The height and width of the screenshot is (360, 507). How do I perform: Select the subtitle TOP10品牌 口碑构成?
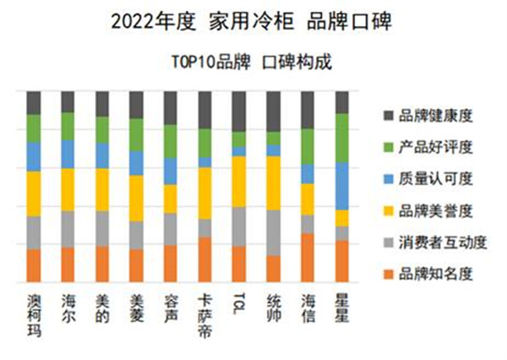(x=253, y=62)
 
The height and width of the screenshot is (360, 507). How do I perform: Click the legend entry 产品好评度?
(x=431, y=147)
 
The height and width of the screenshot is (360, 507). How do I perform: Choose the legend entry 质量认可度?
(x=431, y=178)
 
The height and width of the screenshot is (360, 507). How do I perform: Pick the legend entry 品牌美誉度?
(x=431, y=210)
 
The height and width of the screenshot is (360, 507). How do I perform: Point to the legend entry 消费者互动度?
(x=438, y=242)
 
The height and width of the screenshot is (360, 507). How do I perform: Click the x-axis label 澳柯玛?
(x=34, y=314)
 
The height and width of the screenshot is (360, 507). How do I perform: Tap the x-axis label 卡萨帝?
(x=204, y=314)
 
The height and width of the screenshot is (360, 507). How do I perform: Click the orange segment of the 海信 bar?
(x=308, y=257)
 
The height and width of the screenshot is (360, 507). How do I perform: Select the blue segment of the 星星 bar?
(x=342, y=185)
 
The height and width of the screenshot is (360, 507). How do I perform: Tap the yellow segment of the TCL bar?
(x=239, y=181)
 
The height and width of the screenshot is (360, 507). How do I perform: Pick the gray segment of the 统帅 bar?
(x=273, y=232)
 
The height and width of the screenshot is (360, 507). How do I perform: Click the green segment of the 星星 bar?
(x=342, y=137)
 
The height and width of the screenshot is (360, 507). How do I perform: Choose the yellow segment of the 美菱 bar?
(x=136, y=198)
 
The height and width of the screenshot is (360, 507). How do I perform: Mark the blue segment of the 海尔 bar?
(x=68, y=154)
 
